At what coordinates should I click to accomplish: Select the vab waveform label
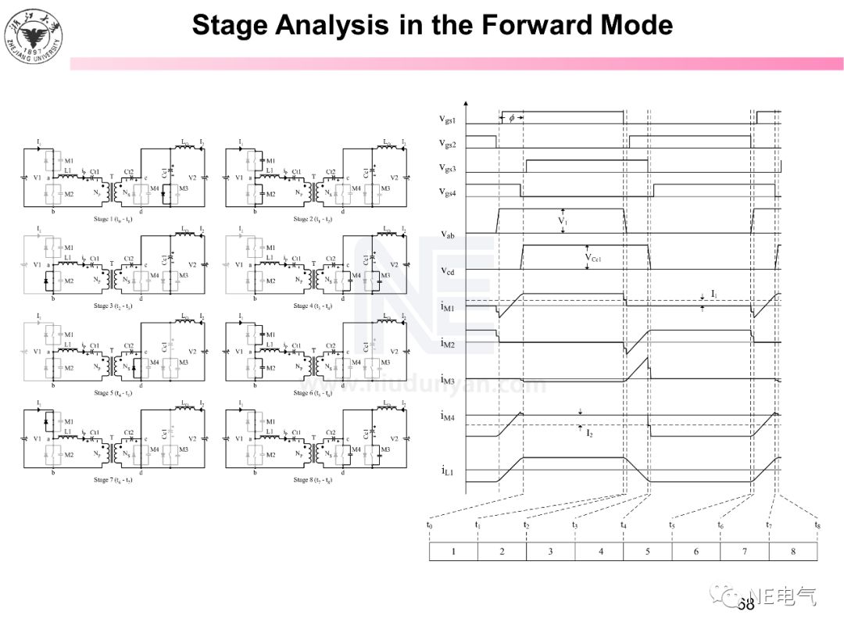tap(448, 233)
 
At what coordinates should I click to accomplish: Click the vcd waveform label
tap(448, 270)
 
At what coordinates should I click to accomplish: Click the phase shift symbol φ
tap(511, 118)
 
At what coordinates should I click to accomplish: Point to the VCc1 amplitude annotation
tap(598, 257)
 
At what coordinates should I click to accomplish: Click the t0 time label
tap(429, 525)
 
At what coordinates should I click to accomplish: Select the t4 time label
tap(623, 525)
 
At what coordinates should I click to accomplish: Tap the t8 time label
tap(817, 525)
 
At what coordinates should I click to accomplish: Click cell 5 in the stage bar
tap(647, 552)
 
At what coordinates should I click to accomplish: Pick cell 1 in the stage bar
tap(453, 552)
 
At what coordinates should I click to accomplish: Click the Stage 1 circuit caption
tap(113, 220)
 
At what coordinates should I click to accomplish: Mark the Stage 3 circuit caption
tap(113, 306)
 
